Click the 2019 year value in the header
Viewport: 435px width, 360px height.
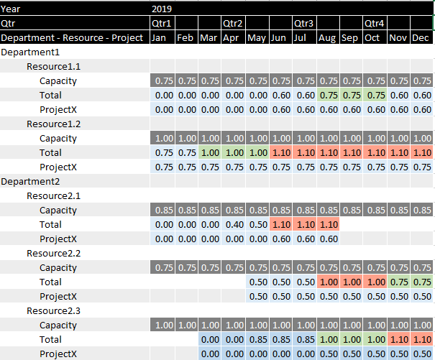click(x=162, y=9)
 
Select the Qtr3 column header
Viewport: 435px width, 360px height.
click(x=304, y=23)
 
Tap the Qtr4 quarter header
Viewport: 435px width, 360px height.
click(x=375, y=23)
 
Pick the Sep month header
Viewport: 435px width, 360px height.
click(x=350, y=37)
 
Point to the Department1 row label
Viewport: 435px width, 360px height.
click(x=30, y=52)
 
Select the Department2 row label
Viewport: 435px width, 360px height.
click(x=30, y=181)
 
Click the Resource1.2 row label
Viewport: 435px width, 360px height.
click(x=53, y=124)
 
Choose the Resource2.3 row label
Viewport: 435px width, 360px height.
click(x=53, y=310)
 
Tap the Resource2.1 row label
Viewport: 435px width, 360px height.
click(x=53, y=195)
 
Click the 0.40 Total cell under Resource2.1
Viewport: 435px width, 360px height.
click(x=233, y=224)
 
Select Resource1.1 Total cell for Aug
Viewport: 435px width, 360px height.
click(x=327, y=95)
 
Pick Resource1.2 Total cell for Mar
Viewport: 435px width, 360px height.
click(x=209, y=152)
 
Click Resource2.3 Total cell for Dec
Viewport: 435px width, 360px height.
click(x=421, y=339)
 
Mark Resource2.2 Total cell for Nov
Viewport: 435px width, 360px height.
click(x=398, y=282)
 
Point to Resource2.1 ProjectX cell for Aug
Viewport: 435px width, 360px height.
click(x=327, y=239)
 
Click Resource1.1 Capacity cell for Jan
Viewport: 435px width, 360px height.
click(x=162, y=80)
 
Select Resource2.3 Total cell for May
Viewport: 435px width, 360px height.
click(x=257, y=339)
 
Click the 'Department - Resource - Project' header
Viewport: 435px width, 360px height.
click(x=72, y=37)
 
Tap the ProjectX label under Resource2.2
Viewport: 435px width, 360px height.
click(x=58, y=296)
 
